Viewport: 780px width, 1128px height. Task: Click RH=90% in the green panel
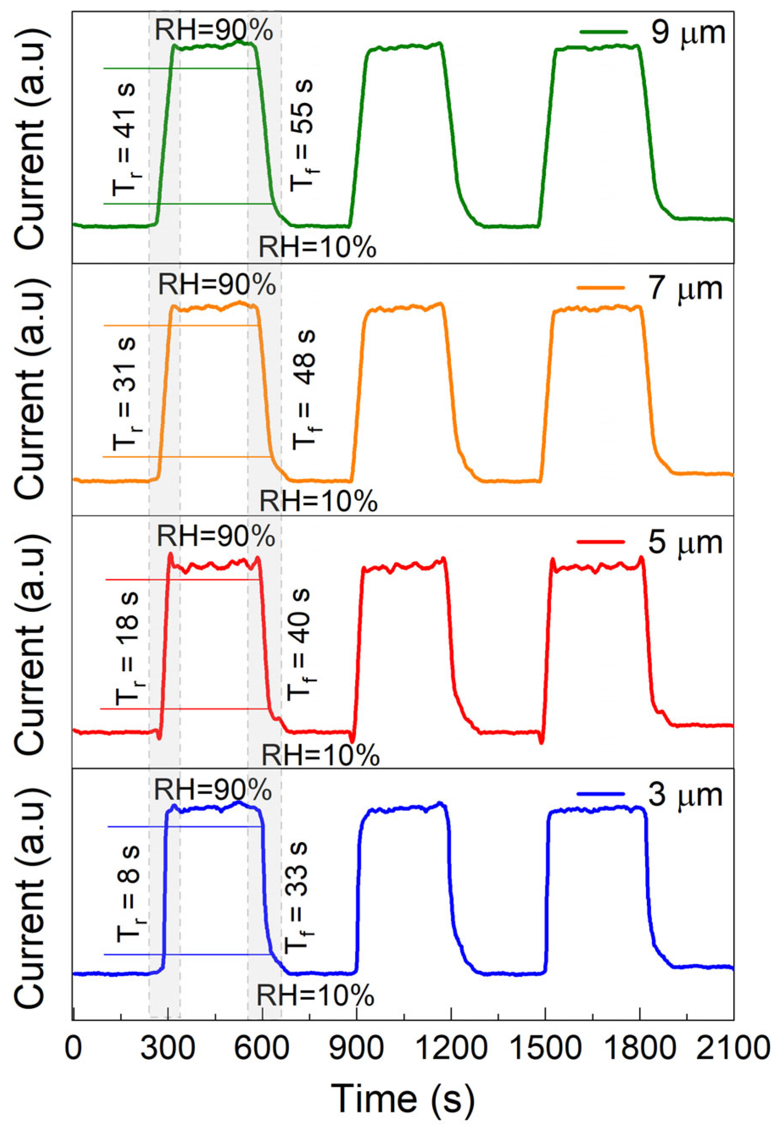pos(214,31)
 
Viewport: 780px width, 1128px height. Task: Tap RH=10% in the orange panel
pos(318,501)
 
